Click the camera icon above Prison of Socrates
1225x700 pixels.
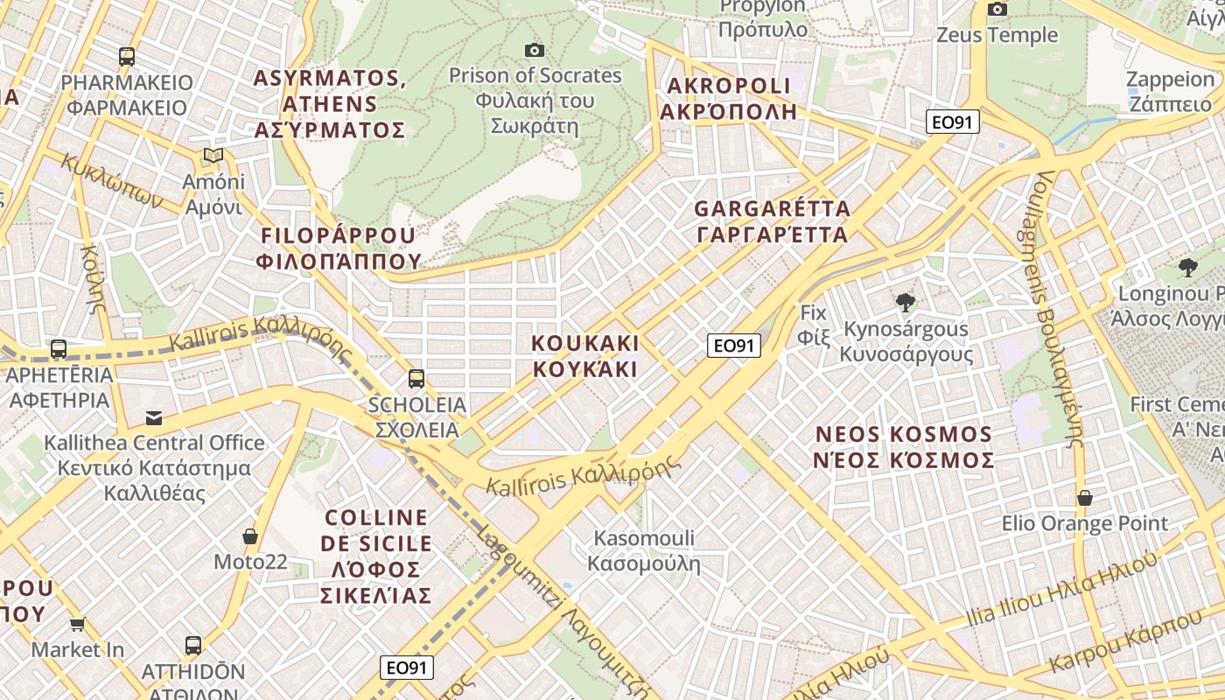(534, 50)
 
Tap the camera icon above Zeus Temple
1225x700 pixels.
(997, 10)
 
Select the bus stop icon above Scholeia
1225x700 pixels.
(416, 379)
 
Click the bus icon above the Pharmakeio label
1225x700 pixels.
(127, 57)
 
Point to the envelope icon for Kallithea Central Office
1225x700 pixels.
(154, 417)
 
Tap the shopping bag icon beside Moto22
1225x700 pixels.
(250, 535)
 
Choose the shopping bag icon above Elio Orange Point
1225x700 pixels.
(1085, 498)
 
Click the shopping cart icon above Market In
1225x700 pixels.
(78, 624)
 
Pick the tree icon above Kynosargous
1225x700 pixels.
(906, 303)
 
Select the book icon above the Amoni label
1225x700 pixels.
(213, 156)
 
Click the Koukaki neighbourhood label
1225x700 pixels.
(585, 355)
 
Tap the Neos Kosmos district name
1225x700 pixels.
(905, 447)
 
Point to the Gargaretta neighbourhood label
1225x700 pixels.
(772, 221)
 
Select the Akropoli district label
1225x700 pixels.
(728, 98)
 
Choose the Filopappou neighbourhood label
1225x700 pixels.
(338, 248)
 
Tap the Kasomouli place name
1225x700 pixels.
(644, 550)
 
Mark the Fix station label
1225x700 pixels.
(813, 324)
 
